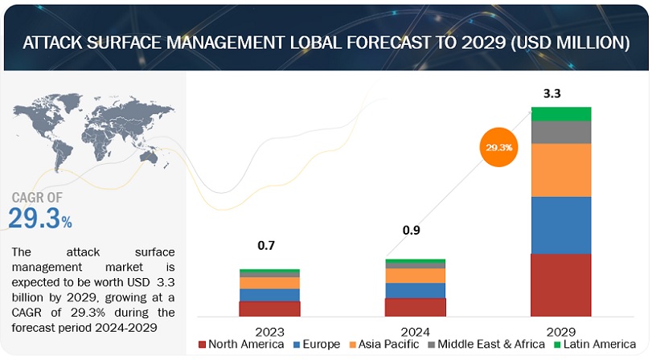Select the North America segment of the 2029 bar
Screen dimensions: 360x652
coord(561,284)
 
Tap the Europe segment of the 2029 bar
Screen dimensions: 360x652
coord(561,225)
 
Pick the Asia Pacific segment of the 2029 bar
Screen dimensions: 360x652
coord(561,170)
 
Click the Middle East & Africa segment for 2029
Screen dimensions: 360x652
coord(561,132)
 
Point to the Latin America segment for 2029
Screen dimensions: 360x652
coord(561,113)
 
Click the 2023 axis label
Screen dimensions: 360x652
coord(269,329)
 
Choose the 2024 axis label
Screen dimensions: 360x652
coord(415,329)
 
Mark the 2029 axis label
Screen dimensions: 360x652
coord(561,329)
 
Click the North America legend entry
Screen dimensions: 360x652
coord(241,345)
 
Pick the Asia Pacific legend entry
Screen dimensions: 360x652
coord(387,345)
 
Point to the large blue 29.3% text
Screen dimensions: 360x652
coord(40,219)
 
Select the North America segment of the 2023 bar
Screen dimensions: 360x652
coord(269,308)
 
